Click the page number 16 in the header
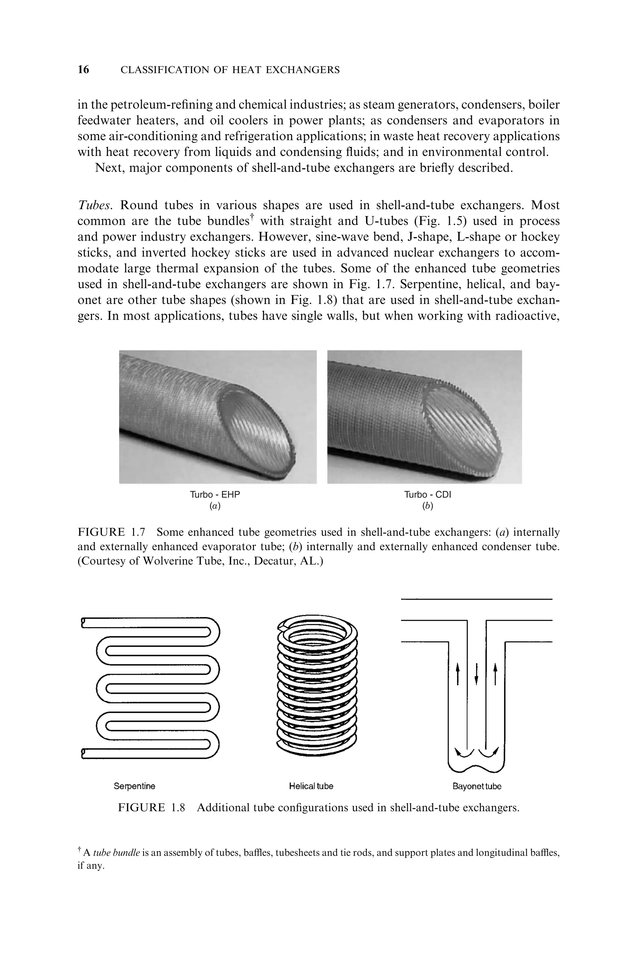83,70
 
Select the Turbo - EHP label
215,495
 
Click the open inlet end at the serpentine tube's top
83,622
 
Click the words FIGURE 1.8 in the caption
151,807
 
